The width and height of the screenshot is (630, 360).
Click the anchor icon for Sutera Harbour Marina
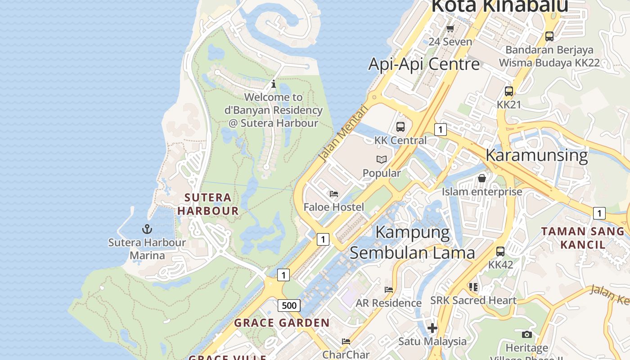tap(147, 229)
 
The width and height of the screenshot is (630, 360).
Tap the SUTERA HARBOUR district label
tap(208, 204)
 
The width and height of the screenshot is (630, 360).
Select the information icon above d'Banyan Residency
tap(273, 84)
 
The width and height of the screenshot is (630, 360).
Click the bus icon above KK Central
tap(400, 127)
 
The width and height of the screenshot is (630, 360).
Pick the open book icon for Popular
tap(381, 159)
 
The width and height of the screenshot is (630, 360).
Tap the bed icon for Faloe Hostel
tap(334, 194)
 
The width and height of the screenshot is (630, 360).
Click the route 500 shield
tap(289, 306)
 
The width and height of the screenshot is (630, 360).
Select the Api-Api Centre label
tap(424, 64)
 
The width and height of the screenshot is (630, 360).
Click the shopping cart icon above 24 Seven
tap(450, 29)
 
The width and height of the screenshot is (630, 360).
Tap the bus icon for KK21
tap(508, 91)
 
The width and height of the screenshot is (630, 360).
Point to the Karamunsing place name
tap(536, 155)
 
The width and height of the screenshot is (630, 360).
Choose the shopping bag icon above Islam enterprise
tap(482, 178)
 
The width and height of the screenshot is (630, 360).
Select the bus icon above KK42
tap(500, 252)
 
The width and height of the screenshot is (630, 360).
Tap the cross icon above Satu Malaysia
tap(432, 328)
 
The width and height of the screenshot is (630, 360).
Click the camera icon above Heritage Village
tap(526, 334)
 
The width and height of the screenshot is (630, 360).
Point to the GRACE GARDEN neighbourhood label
tap(282, 323)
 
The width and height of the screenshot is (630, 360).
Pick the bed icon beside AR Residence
tap(389, 289)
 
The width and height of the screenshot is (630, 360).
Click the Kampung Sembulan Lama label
tap(412, 243)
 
